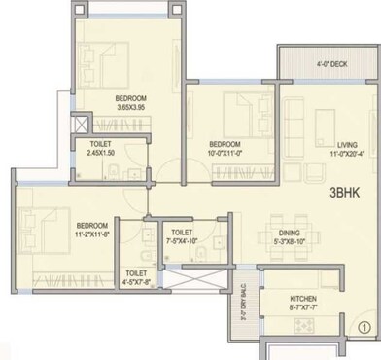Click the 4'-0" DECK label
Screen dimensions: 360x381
point(330,65)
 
